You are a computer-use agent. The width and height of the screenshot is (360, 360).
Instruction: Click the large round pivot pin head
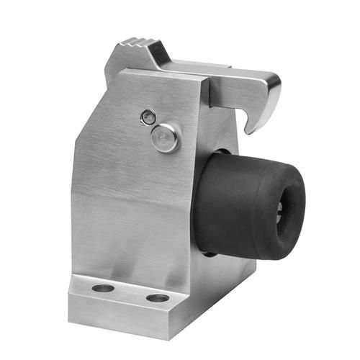pos(165,138)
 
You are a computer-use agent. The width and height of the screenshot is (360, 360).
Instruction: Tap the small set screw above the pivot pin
pos(148,115)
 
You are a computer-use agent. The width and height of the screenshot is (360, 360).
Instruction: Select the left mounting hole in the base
pos(103,288)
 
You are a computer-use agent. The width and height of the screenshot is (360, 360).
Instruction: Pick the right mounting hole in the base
pos(157,297)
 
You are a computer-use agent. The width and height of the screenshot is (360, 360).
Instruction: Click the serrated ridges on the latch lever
pos(137,48)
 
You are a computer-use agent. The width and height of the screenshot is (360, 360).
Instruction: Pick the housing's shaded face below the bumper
pos(223,274)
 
